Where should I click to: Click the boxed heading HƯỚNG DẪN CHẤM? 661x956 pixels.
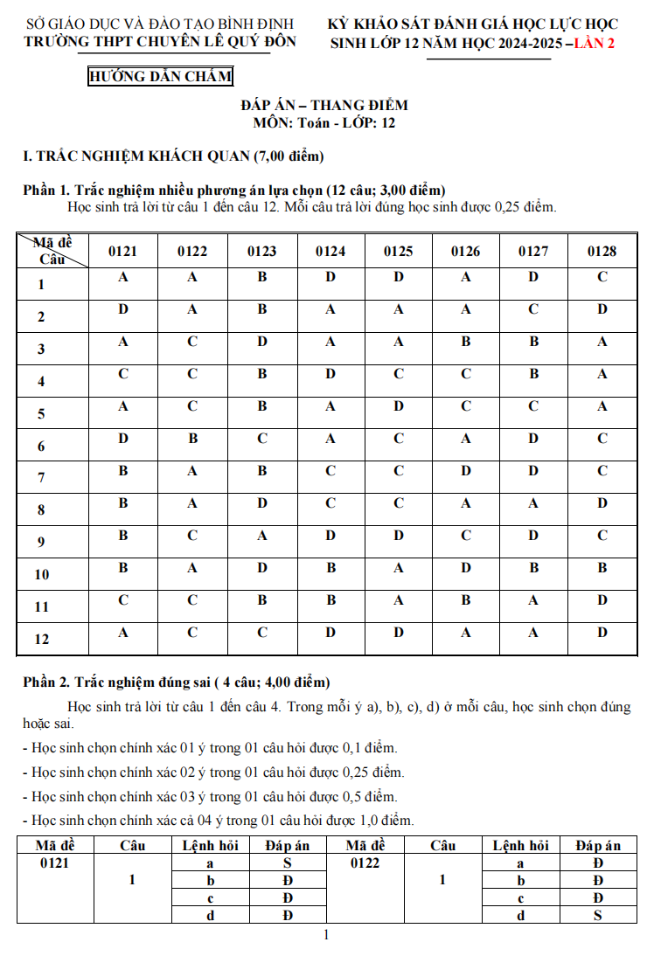coord(161,77)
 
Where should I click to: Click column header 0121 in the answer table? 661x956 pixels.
coord(123,252)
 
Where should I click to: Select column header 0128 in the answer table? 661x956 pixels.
coord(602,252)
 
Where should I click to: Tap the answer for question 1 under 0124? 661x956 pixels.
coord(330,277)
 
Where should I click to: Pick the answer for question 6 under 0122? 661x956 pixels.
coord(192,439)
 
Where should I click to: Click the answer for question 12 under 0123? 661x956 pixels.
coord(261,632)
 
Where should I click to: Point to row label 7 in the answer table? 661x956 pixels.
coord(41,478)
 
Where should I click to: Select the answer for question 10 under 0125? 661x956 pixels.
coord(399,567)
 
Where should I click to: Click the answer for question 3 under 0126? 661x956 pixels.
coord(466,342)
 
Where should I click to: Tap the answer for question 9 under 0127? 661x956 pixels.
coord(533,535)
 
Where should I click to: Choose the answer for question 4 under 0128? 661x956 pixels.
coord(602,374)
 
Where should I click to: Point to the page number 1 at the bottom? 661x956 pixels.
coord(326,936)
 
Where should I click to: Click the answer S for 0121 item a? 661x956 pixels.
coord(286,863)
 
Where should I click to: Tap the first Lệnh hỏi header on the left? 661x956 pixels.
coord(210,845)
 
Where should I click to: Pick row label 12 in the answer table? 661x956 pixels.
coord(42,640)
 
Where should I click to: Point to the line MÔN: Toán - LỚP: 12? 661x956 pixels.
coord(324,123)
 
